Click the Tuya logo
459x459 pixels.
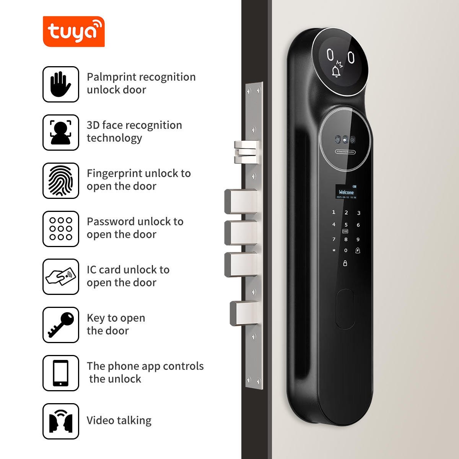pyautogui.click(x=73, y=31)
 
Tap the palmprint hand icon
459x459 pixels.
pyautogui.click(x=61, y=84)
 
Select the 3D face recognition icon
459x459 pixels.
pyautogui.click(x=61, y=132)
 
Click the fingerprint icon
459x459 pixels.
pyautogui.click(x=61, y=181)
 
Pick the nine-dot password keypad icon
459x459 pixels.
pyautogui.click(x=61, y=229)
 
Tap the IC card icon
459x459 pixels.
pyautogui.click(x=61, y=277)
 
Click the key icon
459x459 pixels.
pyautogui.click(x=61, y=325)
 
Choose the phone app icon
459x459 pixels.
pyautogui.click(x=61, y=373)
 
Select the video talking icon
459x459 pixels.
pyautogui.click(x=61, y=421)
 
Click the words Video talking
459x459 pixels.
pyautogui.click(x=119, y=420)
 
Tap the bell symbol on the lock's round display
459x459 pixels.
pyautogui.click(x=337, y=71)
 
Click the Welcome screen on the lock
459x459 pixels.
pyautogui.click(x=346, y=192)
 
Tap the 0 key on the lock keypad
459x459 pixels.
pyautogui.click(x=346, y=251)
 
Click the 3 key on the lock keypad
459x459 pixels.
pyautogui.click(x=358, y=213)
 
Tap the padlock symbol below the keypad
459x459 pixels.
pyautogui.click(x=345, y=263)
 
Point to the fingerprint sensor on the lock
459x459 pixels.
pyautogui.click(x=345, y=309)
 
